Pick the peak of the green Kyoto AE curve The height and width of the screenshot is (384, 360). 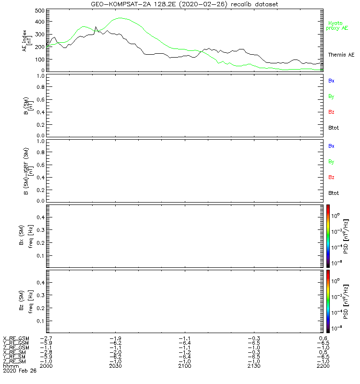click(120, 18)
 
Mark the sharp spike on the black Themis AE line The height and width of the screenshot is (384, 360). click(96, 27)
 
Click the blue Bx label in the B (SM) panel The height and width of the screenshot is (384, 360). click(331, 81)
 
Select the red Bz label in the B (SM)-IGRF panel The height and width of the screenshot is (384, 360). click(331, 178)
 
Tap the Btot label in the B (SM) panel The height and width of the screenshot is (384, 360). click(334, 128)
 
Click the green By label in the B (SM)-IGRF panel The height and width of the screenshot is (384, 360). click(331, 162)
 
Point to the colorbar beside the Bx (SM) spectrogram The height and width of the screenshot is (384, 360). click(328, 235)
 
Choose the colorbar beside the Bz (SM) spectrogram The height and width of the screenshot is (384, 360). click(328, 300)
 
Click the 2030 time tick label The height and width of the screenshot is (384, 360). click(115, 366)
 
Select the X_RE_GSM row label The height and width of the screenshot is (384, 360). click(16, 338)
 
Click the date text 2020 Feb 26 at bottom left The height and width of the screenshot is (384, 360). click(19, 371)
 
